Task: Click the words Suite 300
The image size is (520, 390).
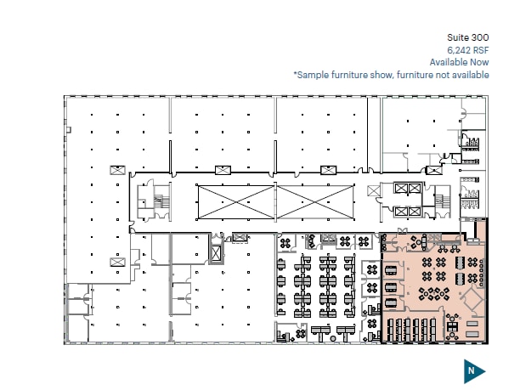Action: pyautogui.click(x=467, y=37)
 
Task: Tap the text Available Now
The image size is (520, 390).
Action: pyautogui.click(x=460, y=62)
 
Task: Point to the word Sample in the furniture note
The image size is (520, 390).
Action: pyautogui.click(x=313, y=75)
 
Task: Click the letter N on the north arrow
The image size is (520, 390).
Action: pyautogui.click(x=471, y=370)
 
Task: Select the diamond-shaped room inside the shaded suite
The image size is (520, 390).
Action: pyautogui.click(x=473, y=299)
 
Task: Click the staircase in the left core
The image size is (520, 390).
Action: pyautogui.click(x=161, y=200)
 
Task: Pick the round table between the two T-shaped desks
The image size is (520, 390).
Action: pyautogui.click(x=333, y=338)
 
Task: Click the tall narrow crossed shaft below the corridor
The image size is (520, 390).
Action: pyautogui.click(x=216, y=254)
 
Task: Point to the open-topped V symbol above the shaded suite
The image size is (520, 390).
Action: pyautogui.click(x=402, y=230)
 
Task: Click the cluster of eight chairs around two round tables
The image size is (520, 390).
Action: pyautogui.click(x=433, y=294)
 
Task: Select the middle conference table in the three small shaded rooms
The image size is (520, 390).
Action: pyautogui.click(x=391, y=286)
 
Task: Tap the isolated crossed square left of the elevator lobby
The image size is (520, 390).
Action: pyautogui.click(x=373, y=190)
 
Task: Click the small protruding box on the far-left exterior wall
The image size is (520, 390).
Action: pyautogui.click(x=69, y=130)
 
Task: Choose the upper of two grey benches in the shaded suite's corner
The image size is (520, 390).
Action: pyautogui.click(x=472, y=324)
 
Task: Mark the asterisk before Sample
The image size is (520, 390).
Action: pyautogui.click(x=295, y=73)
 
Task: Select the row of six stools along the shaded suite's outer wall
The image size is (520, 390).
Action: pyautogui.click(x=481, y=270)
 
